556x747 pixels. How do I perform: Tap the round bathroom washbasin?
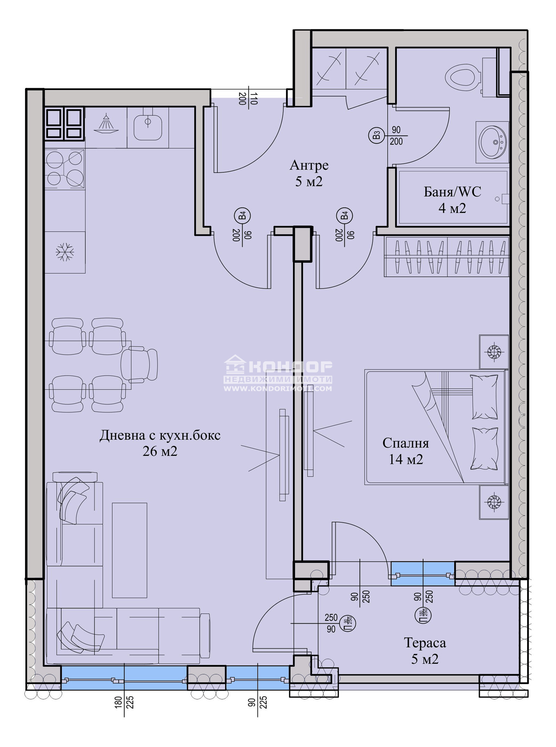click(x=492, y=142)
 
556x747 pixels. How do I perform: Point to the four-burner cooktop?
click(x=65, y=169)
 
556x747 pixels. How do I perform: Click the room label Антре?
click(x=309, y=165)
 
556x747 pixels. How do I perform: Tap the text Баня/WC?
click(x=452, y=192)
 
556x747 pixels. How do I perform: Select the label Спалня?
click(x=406, y=443)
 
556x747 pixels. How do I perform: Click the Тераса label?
click(x=425, y=643)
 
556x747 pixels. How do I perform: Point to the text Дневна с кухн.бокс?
click(x=160, y=435)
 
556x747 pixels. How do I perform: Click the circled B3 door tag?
click(x=376, y=135)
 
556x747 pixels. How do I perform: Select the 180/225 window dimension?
click(x=124, y=702)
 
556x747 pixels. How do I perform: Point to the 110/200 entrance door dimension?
click(x=248, y=98)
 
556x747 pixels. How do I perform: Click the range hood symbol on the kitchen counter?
click(x=106, y=124)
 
